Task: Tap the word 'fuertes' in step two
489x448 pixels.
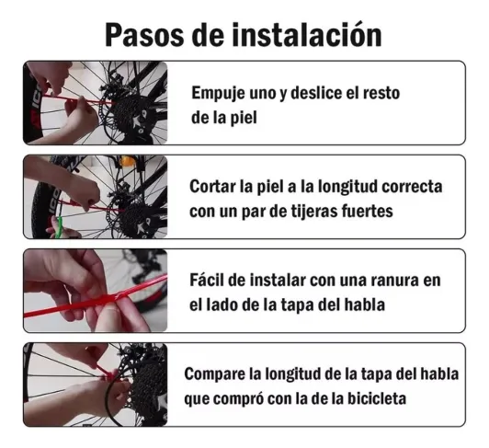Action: point(342,211)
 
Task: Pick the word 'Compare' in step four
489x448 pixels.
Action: point(216,374)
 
